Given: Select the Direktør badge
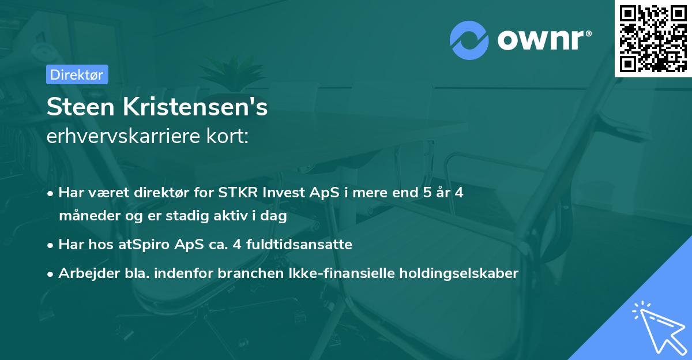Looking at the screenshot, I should click(x=77, y=74).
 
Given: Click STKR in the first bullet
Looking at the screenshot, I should click(x=237, y=193).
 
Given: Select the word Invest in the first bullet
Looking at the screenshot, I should click(x=283, y=193).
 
